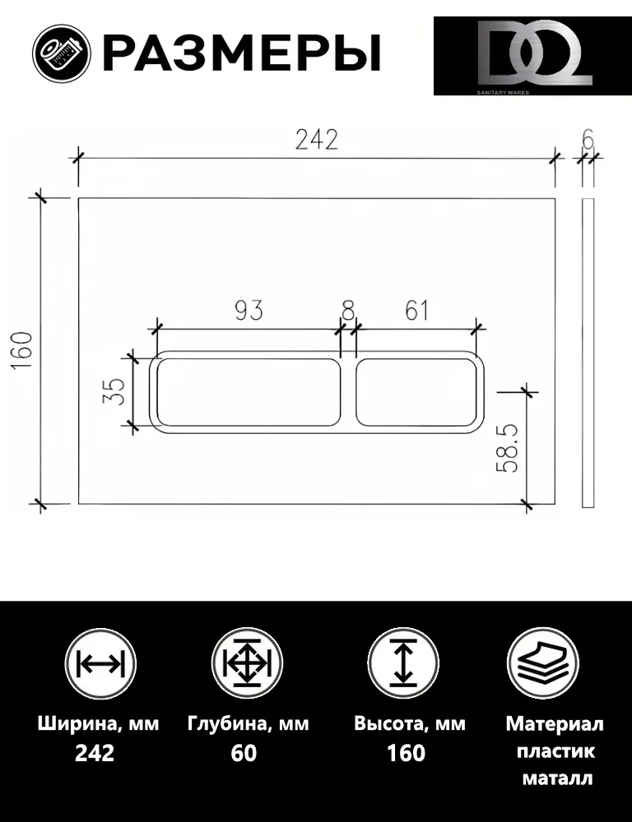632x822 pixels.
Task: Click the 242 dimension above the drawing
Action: click(x=317, y=140)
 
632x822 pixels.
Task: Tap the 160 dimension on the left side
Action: click(x=24, y=351)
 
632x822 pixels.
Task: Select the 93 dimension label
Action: click(x=249, y=311)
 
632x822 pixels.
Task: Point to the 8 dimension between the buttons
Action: click(x=348, y=311)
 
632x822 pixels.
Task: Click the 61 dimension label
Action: click(x=416, y=311)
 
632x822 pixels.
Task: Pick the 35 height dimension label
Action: click(x=114, y=391)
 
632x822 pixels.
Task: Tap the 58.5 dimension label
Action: click(x=508, y=448)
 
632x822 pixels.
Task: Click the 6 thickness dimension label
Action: click(x=588, y=140)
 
